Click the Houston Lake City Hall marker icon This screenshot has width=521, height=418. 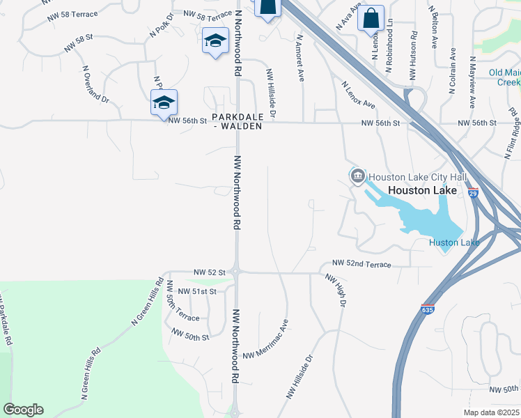(x=358, y=176)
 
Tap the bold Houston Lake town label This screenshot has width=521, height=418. (x=422, y=190)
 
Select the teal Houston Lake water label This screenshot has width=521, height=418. (x=453, y=242)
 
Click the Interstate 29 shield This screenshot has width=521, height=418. (x=473, y=193)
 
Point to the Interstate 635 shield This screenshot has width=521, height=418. (x=427, y=308)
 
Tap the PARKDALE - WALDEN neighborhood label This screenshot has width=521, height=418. (x=238, y=121)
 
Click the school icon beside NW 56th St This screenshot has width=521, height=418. (x=164, y=102)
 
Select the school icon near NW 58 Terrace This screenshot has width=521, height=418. (x=215, y=41)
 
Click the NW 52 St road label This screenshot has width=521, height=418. (x=210, y=272)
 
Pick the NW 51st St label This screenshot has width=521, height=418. (x=198, y=291)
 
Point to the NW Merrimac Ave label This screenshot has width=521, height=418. (x=265, y=341)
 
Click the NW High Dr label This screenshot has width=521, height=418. (x=336, y=290)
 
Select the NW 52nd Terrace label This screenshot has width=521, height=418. (x=361, y=264)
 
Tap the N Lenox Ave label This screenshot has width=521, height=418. (x=358, y=95)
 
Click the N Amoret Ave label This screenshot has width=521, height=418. (x=301, y=59)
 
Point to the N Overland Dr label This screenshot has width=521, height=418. (x=95, y=85)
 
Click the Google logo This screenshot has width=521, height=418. (x=23, y=410)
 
